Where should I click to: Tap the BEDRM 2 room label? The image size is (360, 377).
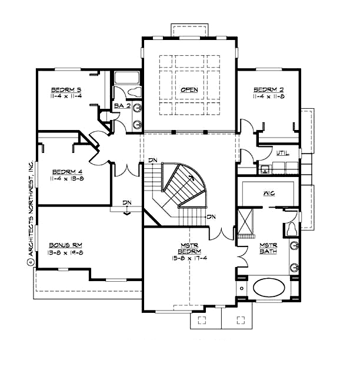click(x=269, y=90)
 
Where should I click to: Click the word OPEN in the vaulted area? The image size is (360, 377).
click(x=189, y=90)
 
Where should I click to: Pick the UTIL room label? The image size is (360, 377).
click(x=282, y=154)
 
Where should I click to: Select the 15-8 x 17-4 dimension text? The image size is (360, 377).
click(x=189, y=257)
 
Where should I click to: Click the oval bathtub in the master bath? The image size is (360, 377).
click(x=269, y=289)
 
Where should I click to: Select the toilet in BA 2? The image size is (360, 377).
click(x=134, y=92)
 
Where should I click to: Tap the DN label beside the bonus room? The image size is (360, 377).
click(x=126, y=203)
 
